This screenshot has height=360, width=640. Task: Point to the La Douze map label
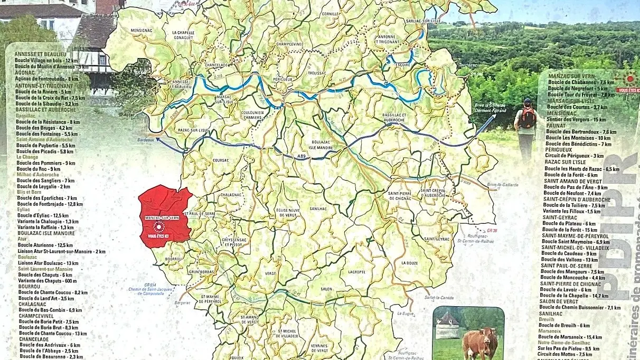pos(409,263)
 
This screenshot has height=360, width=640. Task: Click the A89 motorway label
pos(302,157)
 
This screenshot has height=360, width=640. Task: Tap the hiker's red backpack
pos(527,118)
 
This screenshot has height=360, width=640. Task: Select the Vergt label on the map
pos(271,274)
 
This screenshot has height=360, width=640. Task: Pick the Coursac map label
pos(221,160)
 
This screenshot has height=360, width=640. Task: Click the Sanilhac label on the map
pos(318,209)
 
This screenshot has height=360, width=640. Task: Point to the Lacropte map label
pos(356,272)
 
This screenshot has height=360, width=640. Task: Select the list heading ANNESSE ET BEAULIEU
pos(41,54)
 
